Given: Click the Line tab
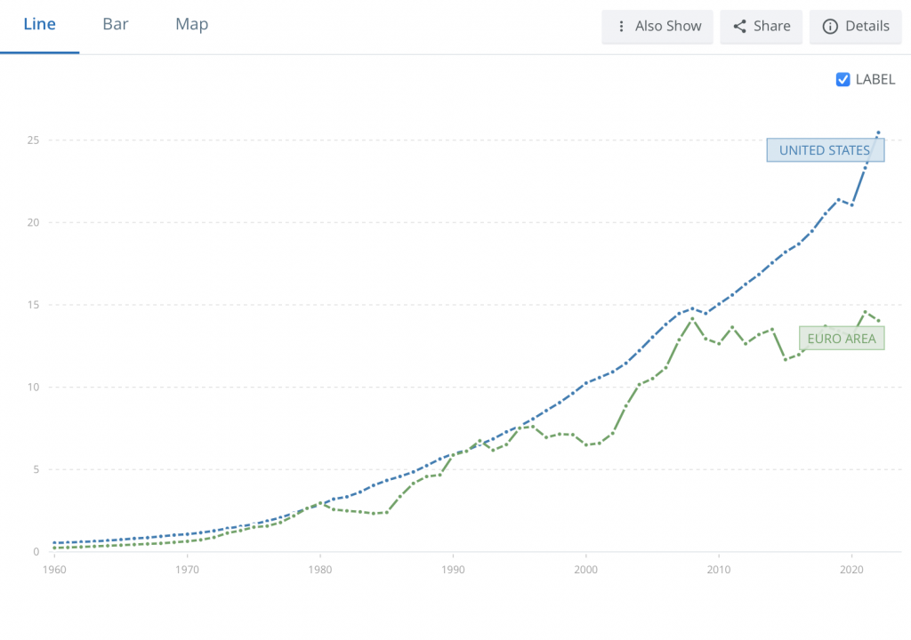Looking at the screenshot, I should tap(39, 25).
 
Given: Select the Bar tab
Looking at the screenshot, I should tap(116, 25).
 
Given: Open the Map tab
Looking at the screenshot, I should tap(191, 25).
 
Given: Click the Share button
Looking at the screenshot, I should tap(761, 27).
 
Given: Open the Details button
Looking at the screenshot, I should tap(855, 27).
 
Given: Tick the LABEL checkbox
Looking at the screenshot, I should tap(843, 79).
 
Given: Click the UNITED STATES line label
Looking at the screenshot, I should tap(825, 150).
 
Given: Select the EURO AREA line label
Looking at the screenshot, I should tap(842, 339).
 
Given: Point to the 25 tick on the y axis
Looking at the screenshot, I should tap(33, 140).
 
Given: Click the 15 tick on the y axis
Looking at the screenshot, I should tap(33, 305).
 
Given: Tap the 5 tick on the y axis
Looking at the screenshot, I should tap(36, 469).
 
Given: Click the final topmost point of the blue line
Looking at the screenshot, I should tap(878, 133).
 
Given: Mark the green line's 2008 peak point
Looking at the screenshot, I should tap(692, 318).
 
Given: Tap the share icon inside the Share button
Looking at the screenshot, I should tap(739, 27).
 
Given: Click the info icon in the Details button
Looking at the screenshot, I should tap(830, 27).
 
